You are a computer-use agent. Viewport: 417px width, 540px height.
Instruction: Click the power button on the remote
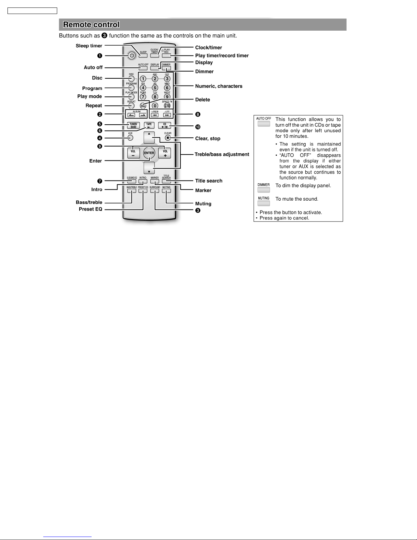132,56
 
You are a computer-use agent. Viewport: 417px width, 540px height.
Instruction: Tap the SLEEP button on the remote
143,55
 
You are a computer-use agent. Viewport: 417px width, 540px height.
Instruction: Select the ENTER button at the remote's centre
149,153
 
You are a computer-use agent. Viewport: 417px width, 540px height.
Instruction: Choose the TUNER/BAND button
133,125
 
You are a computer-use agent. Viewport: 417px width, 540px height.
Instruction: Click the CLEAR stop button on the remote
168,138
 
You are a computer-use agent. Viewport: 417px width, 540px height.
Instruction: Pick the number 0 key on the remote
155,106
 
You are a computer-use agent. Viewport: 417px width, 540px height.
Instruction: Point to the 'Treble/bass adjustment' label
222,154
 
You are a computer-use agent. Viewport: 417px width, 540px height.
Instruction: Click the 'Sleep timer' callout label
89,46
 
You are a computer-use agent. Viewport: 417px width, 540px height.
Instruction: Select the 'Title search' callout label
209,181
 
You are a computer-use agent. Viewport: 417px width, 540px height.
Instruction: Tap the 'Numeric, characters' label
219,86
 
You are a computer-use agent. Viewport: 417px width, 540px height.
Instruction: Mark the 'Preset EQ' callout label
91,209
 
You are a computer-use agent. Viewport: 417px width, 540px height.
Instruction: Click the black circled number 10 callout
198,127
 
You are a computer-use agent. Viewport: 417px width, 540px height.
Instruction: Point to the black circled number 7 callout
100,181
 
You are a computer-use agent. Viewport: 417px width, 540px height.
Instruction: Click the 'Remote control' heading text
91,25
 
